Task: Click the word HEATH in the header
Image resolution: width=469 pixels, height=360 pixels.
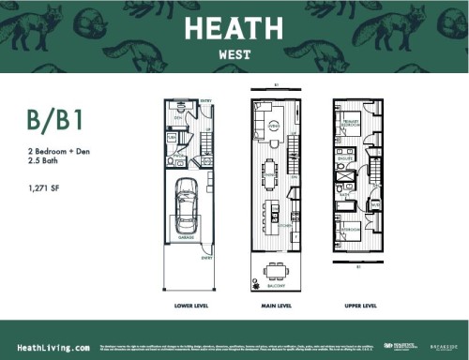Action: pyautogui.click(x=234, y=29)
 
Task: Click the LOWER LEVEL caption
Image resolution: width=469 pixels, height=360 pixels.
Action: pyautogui.click(x=189, y=305)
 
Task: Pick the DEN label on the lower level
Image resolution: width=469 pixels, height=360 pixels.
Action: pyautogui.click(x=177, y=116)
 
